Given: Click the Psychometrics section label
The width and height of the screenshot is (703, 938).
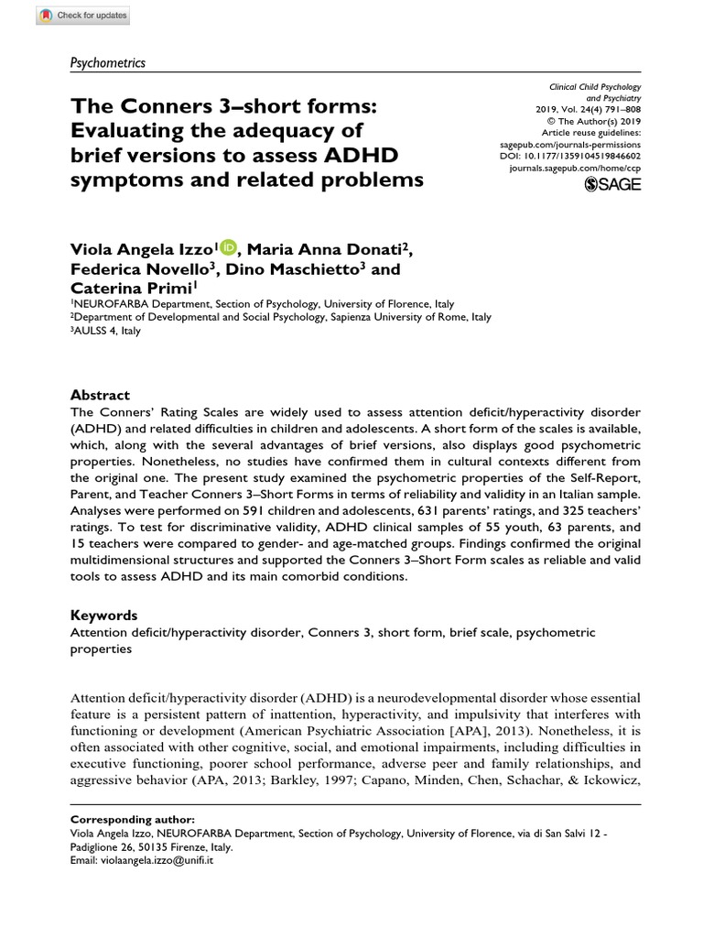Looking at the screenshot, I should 108,62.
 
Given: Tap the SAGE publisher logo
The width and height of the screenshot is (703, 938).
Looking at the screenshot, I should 612,184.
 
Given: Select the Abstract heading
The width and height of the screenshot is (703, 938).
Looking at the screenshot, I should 101,394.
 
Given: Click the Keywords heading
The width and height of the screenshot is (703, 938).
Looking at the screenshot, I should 103,616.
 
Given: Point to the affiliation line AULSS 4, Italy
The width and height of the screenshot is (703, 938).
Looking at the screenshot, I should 106,331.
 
